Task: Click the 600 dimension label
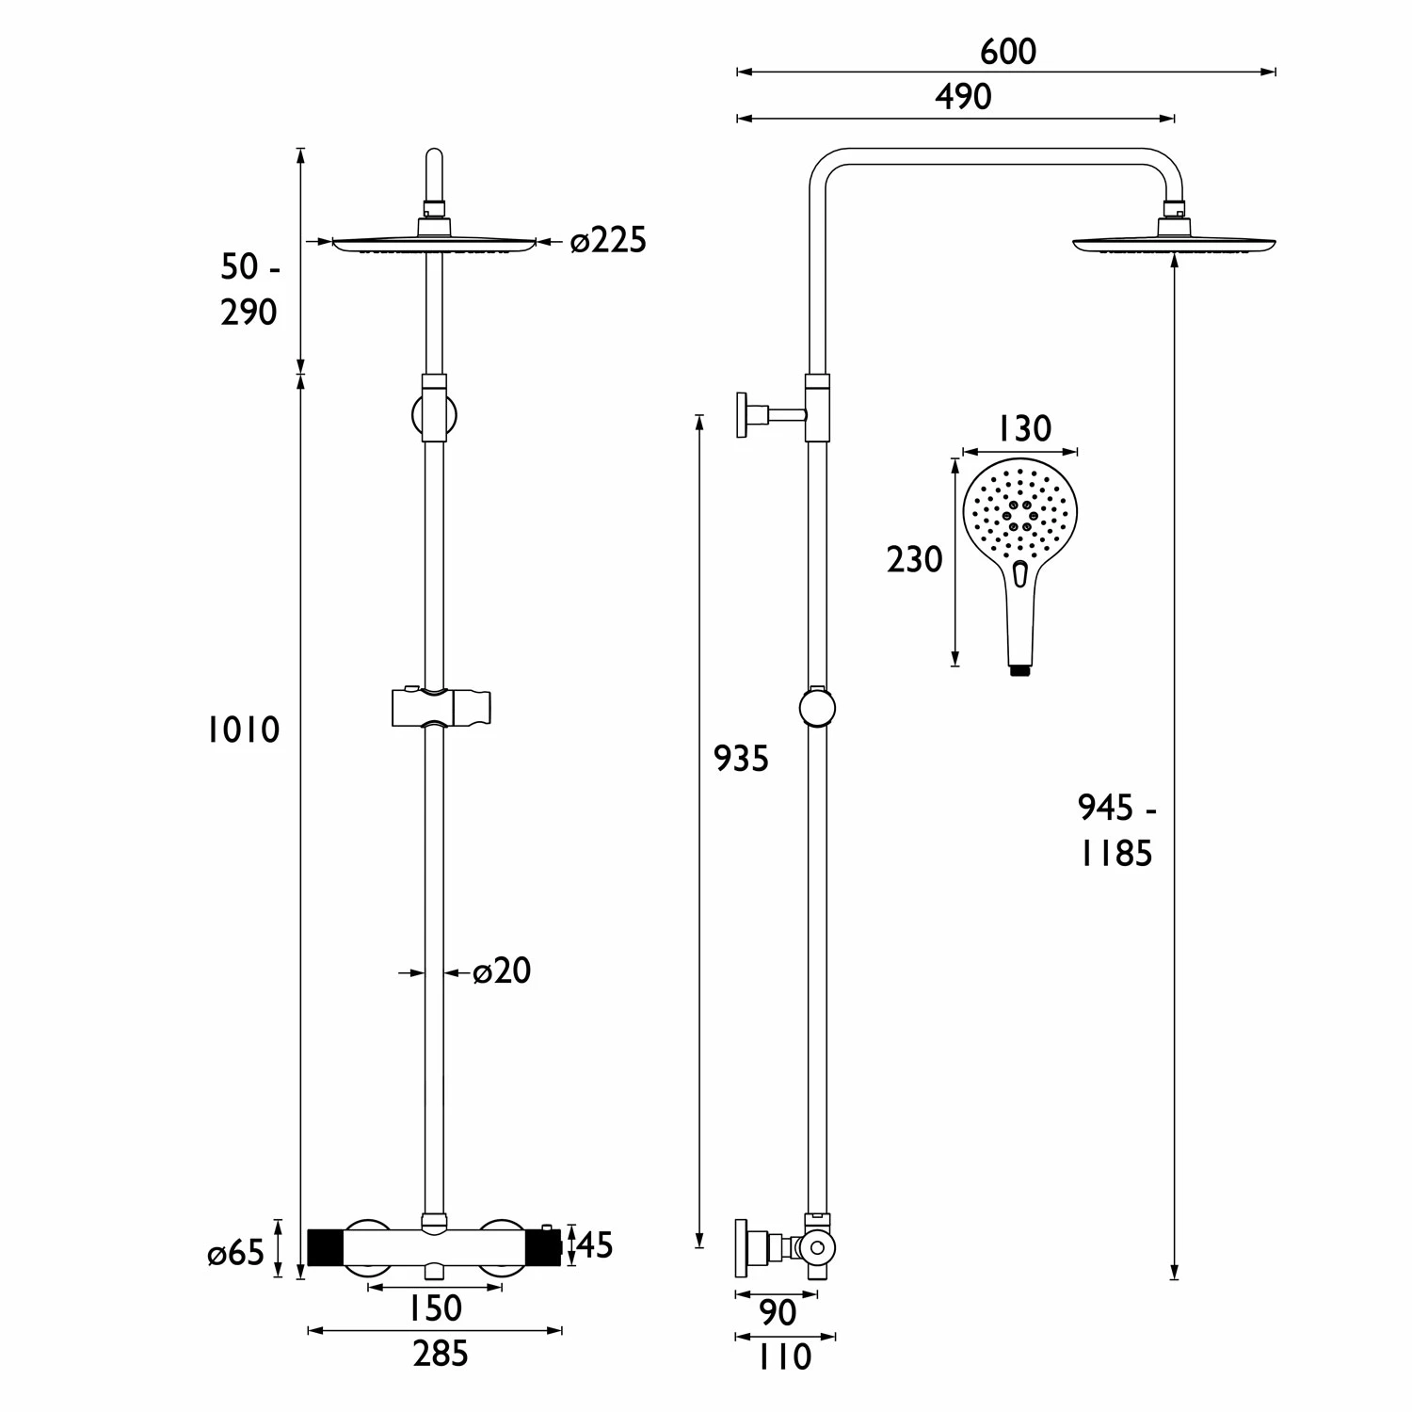tap(1007, 51)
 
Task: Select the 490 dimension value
tap(963, 97)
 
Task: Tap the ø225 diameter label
tap(609, 241)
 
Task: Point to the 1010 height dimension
tap(244, 730)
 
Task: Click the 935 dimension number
tap(741, 758)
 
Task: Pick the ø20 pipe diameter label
tap(502, 971)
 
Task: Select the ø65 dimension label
tap(236, 1254)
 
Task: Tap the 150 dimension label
tap(436, 1308)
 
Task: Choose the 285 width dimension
tap(441, 1354)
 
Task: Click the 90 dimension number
tap(777, 1312)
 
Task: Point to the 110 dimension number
tap(783, 1357)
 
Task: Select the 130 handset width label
tap(1023, 429)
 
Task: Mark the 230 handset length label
tap(914, 560)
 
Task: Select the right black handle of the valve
tap(542, 1247)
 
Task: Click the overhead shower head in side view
tap(1175, 243)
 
